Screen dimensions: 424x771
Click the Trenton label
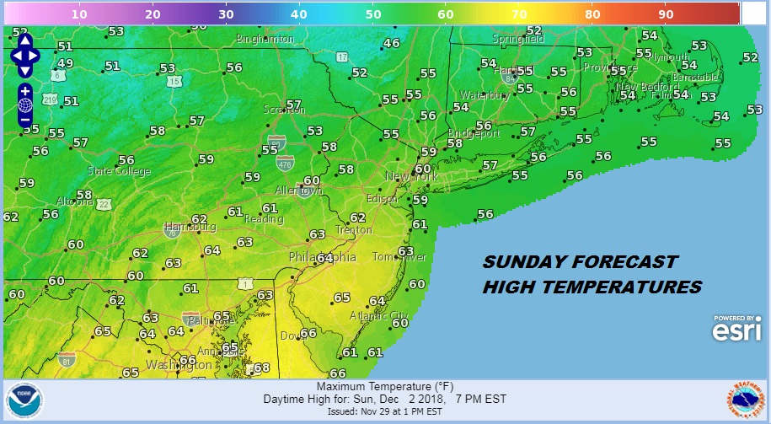pyautogui.click(x=353, y=229)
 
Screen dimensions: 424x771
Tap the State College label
pyautogui.click(x=119, y=171)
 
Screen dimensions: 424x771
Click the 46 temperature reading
pyautogui.click(x=392, y=44)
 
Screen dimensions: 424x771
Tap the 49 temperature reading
pyautogui.click(x=65, y=63)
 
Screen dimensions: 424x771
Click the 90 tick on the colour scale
pyautogui.click(x=666, y=14)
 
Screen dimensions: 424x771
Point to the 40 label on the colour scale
pyautogui.click(x=299, y=14)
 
